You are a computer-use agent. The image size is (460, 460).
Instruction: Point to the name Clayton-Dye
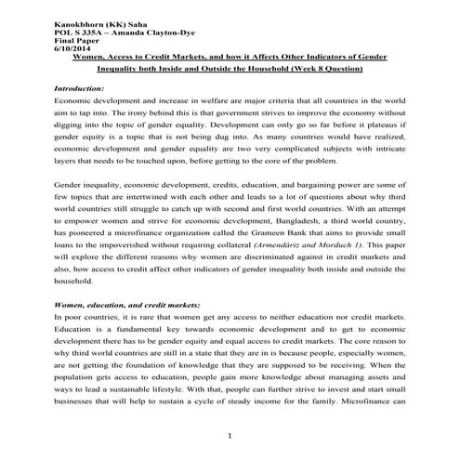153,27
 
